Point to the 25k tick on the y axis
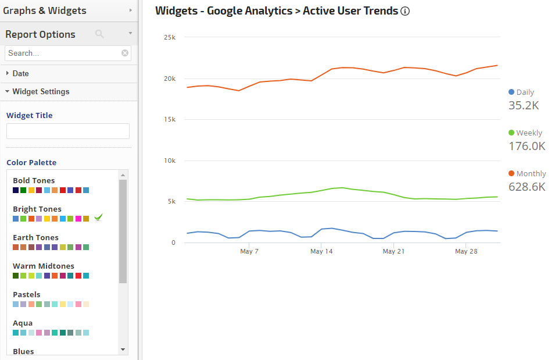170,37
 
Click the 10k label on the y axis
170,161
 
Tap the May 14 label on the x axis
321,251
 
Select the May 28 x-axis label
466,251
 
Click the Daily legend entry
521,92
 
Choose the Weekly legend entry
525,133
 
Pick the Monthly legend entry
527,173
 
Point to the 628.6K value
527,187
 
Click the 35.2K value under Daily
524,105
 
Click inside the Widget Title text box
68,131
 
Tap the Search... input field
63,53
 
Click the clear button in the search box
125,53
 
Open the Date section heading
20,73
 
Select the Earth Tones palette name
35,237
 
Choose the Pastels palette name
27,294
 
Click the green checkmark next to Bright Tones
98,218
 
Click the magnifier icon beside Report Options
99,34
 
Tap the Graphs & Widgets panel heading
45,10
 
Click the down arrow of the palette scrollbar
123,350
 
